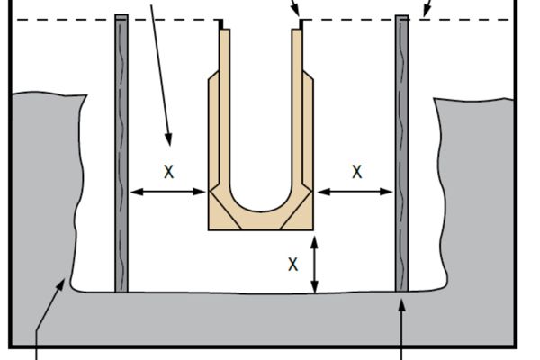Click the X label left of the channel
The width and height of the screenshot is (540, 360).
coord(168,171)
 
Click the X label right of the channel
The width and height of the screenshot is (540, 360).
coord(357,171)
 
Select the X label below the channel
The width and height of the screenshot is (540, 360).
coord(292,265)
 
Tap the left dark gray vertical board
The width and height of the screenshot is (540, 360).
coord(121,153)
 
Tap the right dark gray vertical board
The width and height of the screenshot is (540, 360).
coord(402,153)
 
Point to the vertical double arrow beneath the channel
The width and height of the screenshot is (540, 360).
coord(314,265)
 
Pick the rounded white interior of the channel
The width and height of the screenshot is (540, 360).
coord(261,135)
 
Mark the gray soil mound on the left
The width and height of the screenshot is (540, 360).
coord(40,198)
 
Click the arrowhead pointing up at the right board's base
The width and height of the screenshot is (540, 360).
coord(402,304)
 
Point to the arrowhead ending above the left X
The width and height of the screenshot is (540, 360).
coord(168,139)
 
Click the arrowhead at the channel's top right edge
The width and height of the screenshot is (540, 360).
coord(300,15)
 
